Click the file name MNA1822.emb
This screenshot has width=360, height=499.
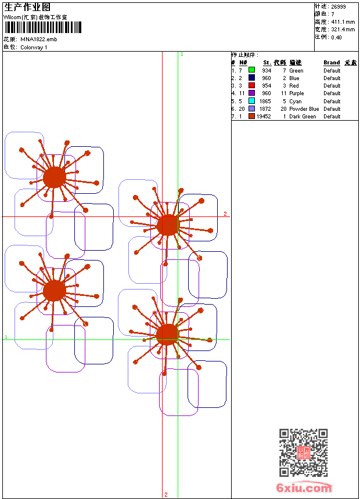[38, 39]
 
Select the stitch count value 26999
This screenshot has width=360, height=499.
[339, 6]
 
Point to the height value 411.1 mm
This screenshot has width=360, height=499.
[343, 21]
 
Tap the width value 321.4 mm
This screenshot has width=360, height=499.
[343, 29]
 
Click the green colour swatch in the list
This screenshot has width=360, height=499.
[251, 70]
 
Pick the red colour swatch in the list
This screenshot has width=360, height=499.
[251, 85]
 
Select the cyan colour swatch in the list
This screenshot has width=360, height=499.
[251, 101]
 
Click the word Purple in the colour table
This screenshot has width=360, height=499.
[296, 93]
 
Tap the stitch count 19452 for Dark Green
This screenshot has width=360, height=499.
[264, 117]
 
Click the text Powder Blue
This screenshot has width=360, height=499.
[304, 109]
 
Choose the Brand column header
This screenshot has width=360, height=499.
[332, 63]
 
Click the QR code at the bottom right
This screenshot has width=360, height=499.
[303, 453]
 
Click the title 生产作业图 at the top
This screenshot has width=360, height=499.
[23, 7]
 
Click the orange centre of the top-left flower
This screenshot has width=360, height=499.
[54, 177]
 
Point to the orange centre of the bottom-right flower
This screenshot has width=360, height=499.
[167, 334]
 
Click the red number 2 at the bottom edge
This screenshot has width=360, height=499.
[165, 494]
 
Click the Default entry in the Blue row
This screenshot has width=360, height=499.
[332, 78]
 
